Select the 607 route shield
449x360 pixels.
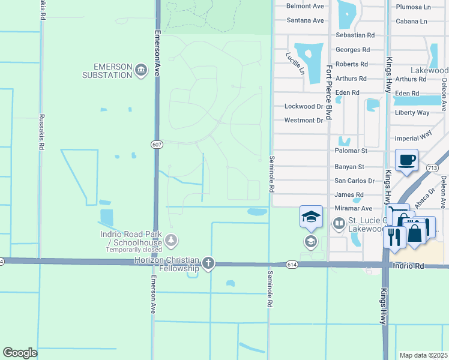[157, 144]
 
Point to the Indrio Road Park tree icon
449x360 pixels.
[172, 241]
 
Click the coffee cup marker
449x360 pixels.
[407, 160]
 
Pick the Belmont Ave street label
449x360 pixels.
[305, 6]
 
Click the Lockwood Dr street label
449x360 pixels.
[304, 106]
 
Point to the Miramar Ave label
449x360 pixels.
[354, 208]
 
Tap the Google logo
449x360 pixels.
[20, 353]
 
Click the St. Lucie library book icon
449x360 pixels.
[338, 224]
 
